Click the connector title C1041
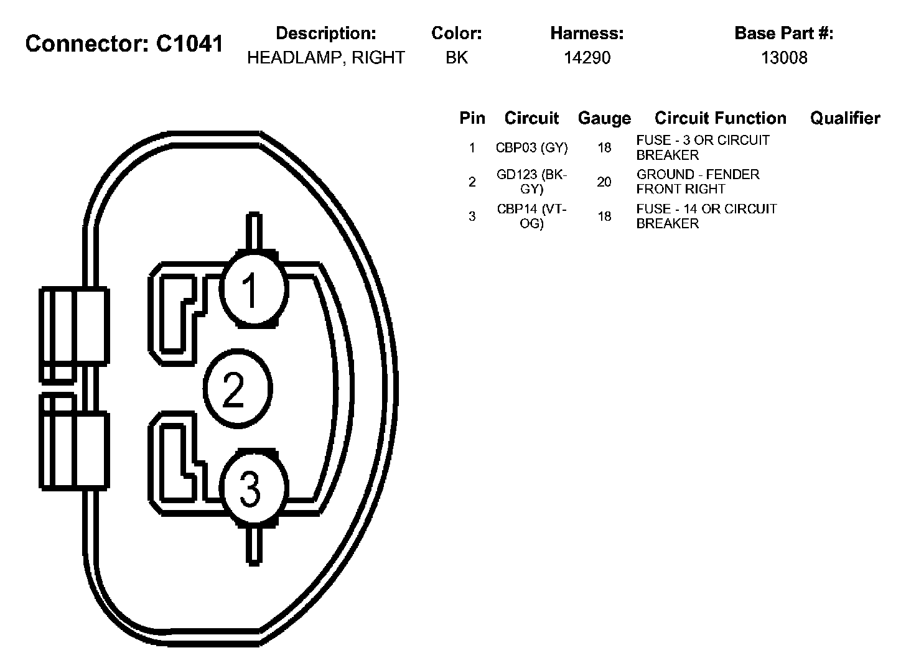click(x=124, y=44)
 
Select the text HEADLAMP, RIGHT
click(x=325, y=58)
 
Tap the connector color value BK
click(x=456, y=58)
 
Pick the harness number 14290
click(x=587, y=58)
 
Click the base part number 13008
click(x=784, y=58)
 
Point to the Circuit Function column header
click(x=720, y=118)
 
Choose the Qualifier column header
click(x=844, y=118)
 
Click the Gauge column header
click(x=604, y=118)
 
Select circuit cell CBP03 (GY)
click(x=531, y=148)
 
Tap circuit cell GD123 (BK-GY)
click(x=531, y=182)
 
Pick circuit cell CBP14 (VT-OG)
click(x=531, y=216)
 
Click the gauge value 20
click(x=604, y=182)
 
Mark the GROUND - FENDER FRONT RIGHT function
click(x=698, y=182)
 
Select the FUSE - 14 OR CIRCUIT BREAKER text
click(x=706, y=216)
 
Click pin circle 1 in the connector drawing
click(x=253, y=289)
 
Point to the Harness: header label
click(x=587, y=33)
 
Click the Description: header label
click(x=325, y=33)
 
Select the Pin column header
click(x=472, y=118)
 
